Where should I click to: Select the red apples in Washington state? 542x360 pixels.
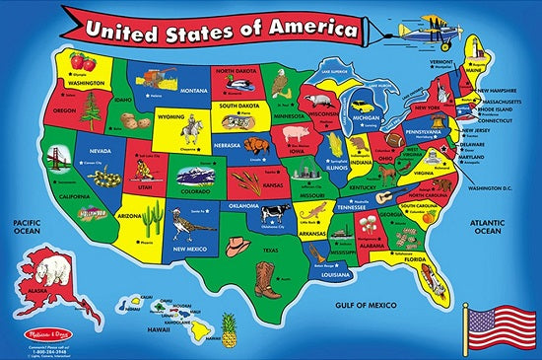click(x=83, y=64)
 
